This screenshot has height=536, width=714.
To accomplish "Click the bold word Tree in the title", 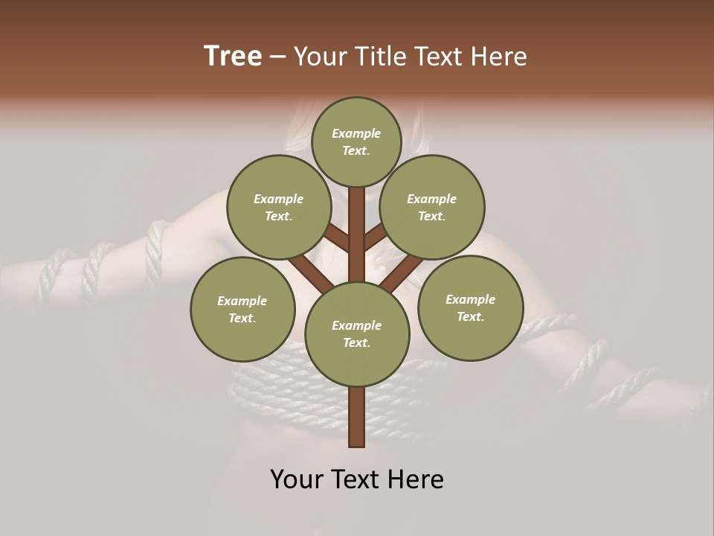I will click(233, 57).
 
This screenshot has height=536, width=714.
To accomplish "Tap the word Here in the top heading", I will click(499, 57).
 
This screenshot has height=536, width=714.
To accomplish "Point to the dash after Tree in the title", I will click(278, 57).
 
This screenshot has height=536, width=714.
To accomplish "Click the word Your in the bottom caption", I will click(297, 479).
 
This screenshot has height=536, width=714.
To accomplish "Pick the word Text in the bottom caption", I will click(358, 479).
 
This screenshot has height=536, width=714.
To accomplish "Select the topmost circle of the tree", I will click(356, 141).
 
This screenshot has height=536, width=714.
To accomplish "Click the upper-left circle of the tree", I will click(278, 207).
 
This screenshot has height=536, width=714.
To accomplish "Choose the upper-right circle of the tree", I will click(432, 207).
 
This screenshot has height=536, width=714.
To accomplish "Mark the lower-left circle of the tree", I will click(242, 309).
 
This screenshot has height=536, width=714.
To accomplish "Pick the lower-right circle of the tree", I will click(470, 307).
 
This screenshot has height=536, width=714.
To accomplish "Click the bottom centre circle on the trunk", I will click(357, 334).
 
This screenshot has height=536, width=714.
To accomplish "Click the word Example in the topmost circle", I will click(356, 133).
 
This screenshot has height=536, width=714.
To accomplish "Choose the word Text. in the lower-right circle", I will click(470, 316).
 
